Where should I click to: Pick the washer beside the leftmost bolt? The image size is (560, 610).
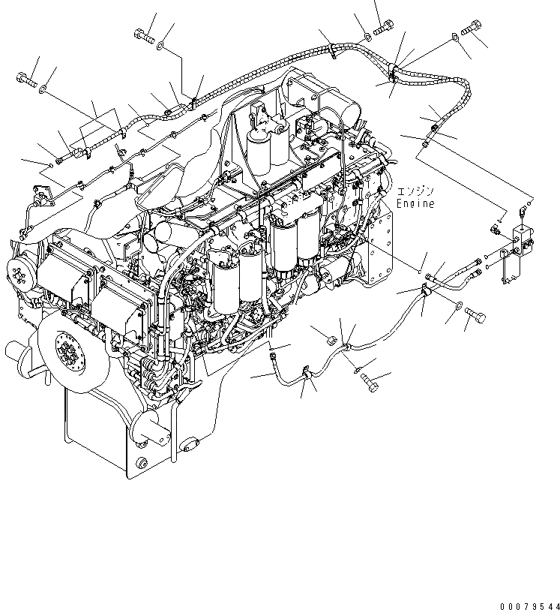point(46,90)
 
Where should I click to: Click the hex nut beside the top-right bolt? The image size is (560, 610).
point(456,37)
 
